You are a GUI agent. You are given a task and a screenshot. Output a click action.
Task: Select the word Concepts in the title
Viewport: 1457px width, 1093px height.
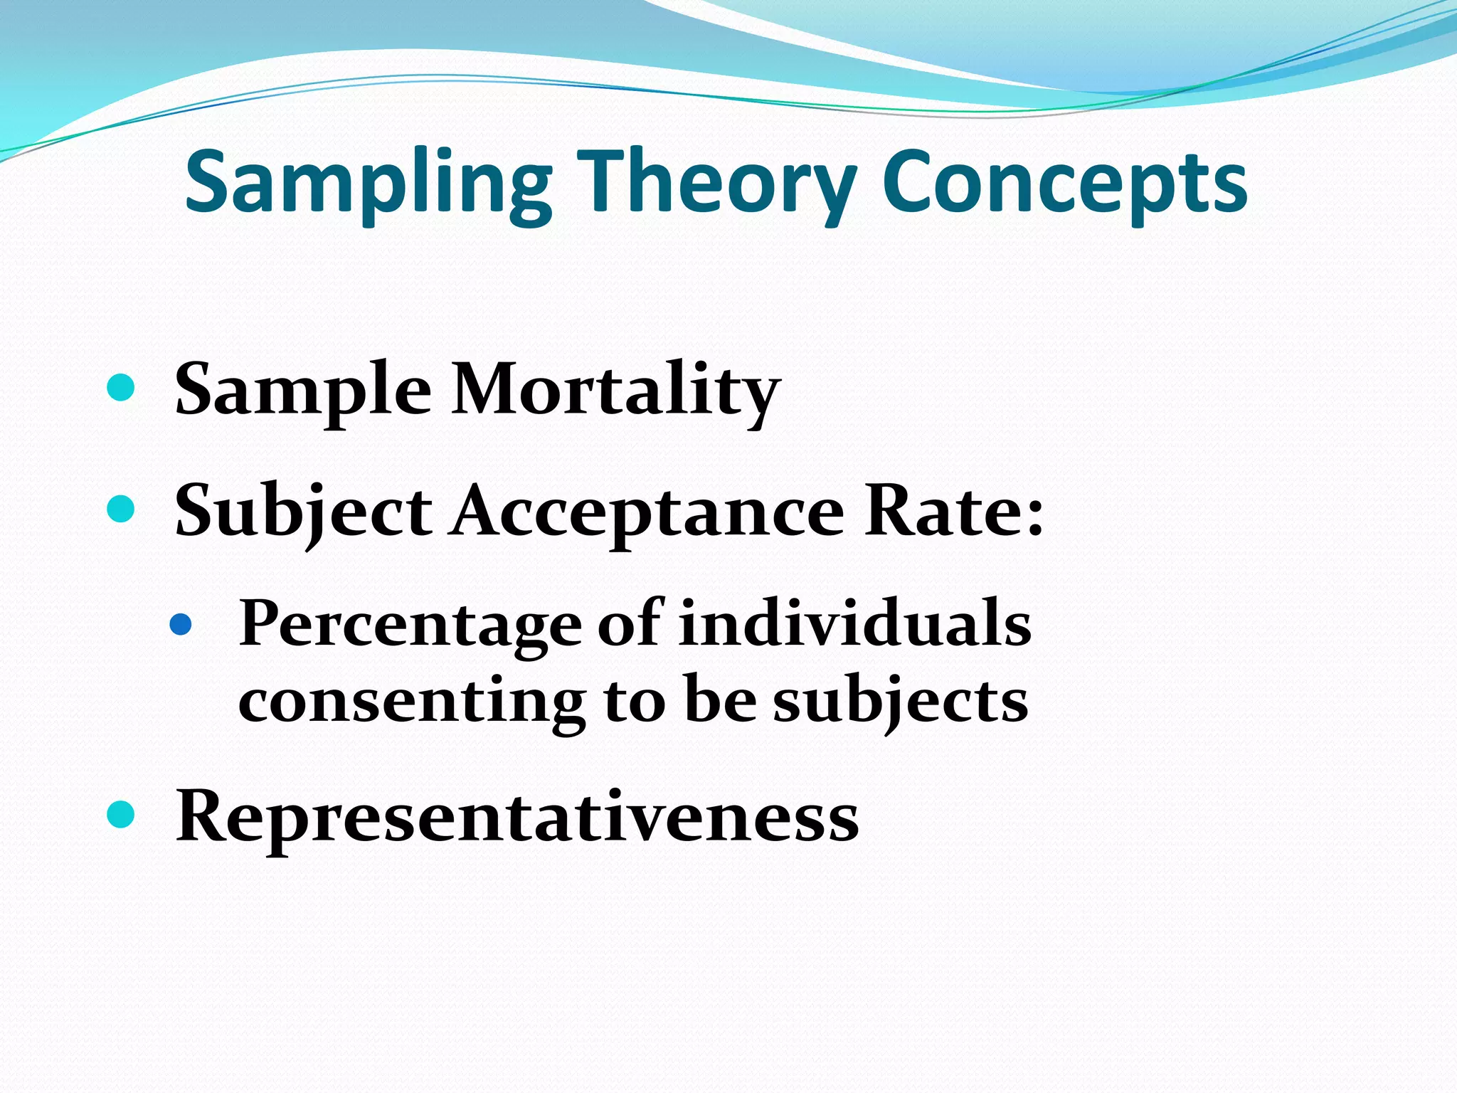click(1064, 183)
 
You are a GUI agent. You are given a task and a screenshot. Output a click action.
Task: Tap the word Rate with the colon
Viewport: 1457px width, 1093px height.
click(953, 511)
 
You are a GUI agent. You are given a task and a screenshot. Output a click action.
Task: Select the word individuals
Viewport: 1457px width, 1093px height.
click(854, 623)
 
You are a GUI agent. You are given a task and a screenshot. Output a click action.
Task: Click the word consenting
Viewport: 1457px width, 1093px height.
click(412, 702)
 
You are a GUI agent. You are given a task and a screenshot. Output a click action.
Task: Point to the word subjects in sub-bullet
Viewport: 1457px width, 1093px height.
click(900, 702)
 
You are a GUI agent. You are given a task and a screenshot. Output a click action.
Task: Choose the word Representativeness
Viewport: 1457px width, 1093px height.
click(517, 816)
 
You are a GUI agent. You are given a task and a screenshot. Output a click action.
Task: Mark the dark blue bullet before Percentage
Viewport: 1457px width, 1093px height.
click(181, 624)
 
